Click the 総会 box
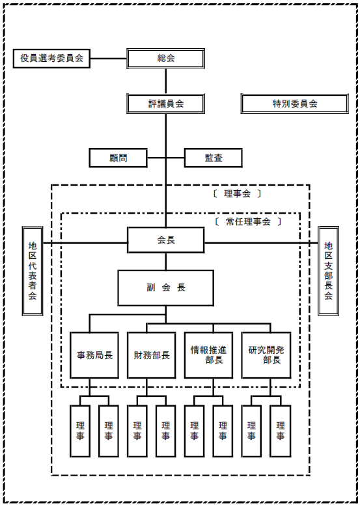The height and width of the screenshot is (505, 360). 165,58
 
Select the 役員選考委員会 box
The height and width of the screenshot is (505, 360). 51,58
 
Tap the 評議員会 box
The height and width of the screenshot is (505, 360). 165,104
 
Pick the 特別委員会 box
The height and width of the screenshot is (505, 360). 294,104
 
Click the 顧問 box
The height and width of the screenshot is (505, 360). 118,158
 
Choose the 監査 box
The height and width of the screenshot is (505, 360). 213,158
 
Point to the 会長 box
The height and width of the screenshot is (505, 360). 166,240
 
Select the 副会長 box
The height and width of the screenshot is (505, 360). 166,287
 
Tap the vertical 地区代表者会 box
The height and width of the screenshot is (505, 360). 32,270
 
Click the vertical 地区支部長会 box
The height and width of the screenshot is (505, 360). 328,270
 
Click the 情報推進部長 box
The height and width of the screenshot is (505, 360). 208,355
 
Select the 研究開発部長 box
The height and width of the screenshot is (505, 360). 266,355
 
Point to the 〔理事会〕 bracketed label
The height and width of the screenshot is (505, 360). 237,194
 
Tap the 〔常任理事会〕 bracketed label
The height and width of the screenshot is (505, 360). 247,222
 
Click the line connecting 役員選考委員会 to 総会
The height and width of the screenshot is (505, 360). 109,59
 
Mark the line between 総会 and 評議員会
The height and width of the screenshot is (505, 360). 166,81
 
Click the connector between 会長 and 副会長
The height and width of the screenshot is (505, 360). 166,261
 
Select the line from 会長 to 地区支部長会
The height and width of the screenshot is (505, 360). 261,242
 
